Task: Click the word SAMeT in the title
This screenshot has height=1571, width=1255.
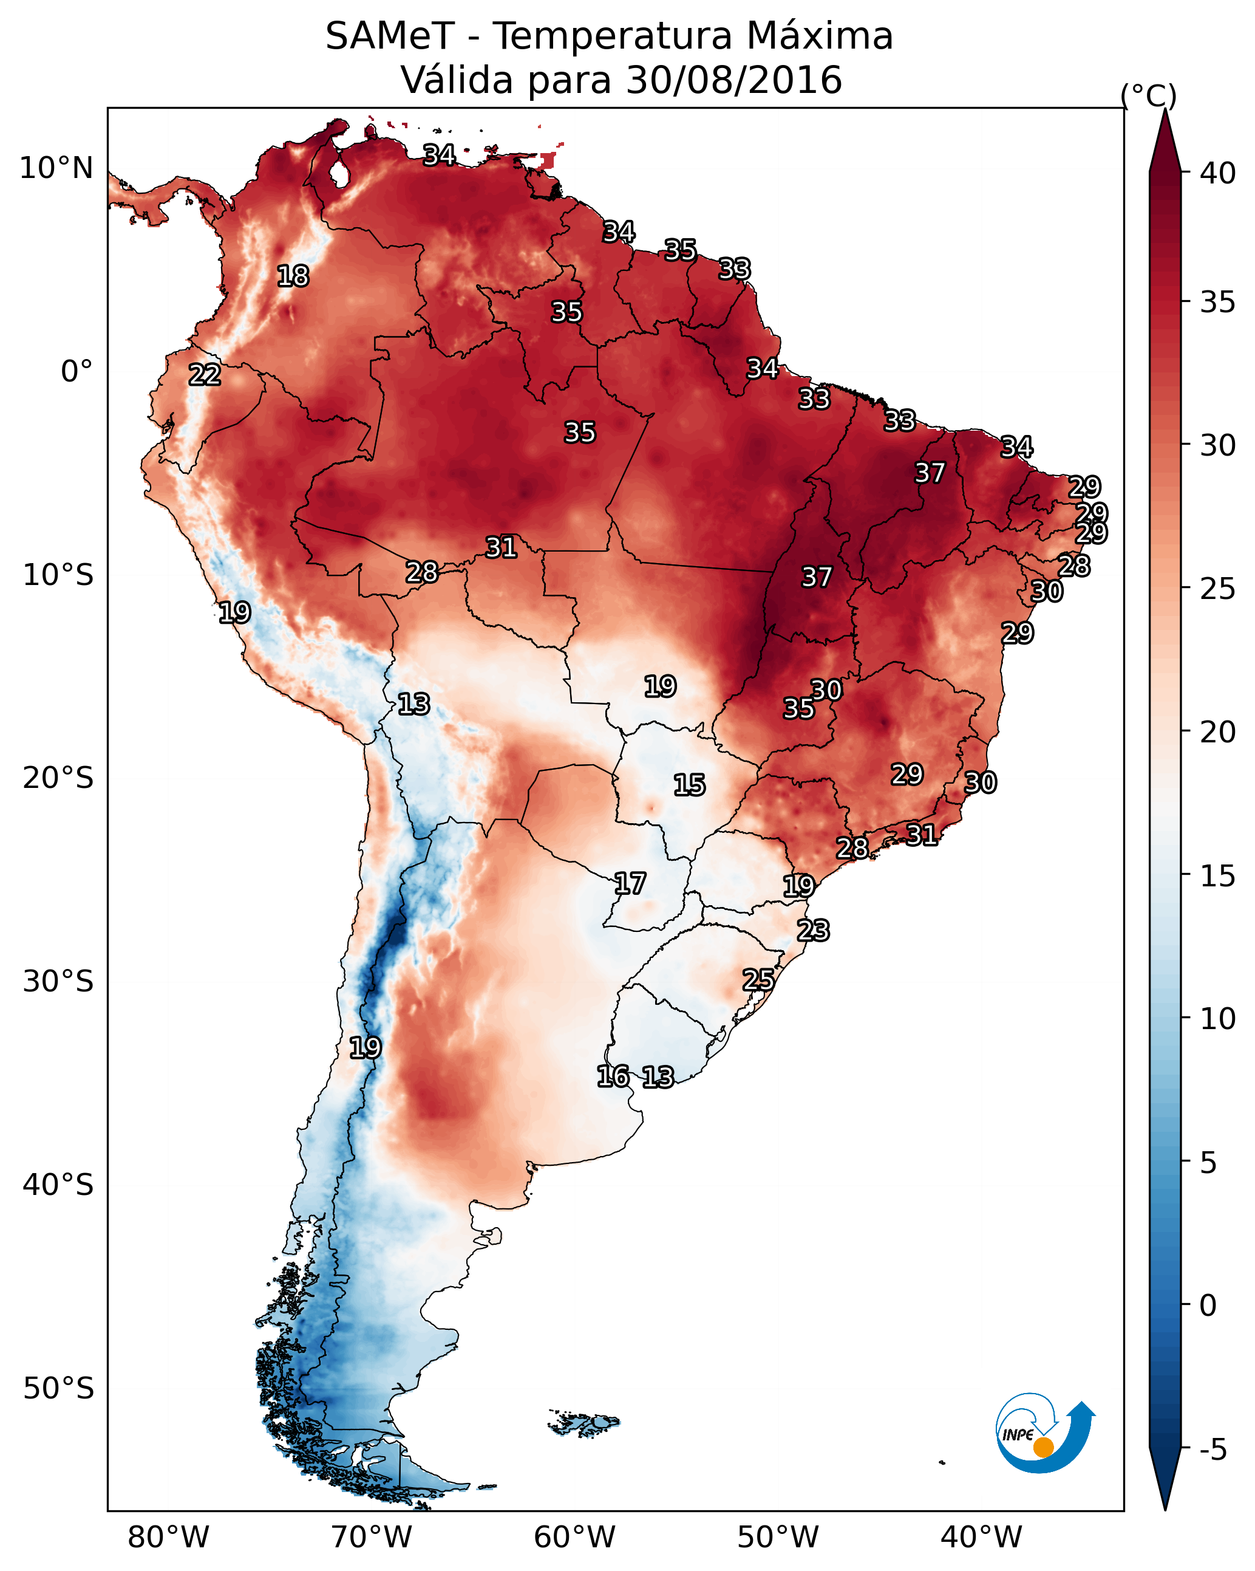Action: [x=390, y=36]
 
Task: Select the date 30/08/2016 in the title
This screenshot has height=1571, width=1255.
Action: [x=733, y=80]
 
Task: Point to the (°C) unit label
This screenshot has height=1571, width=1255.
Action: [x=1149, y=95]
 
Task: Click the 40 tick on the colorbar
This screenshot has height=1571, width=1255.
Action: [x=1217, y=173]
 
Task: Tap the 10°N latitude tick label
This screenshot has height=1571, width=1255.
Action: [x=56, y=168]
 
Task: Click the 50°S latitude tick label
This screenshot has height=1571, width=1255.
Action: [x=58, y=1389]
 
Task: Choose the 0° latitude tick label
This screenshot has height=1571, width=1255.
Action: [x=77, y=372]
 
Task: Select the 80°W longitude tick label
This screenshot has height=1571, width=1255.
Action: [x=168, y=1538]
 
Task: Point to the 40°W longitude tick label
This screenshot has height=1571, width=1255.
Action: [x=981, y=1538]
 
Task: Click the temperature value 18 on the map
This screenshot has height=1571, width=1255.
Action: [x=293, y=276]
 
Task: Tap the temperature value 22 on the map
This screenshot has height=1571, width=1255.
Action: [x=205, y=375]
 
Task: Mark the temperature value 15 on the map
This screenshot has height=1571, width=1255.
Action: [x=689, y=785]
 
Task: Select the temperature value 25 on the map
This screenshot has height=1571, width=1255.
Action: [x=758, y=980]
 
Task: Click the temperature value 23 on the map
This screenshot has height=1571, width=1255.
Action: [x=813, y=931]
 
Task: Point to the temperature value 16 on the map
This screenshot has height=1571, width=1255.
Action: [x=613, y=1076]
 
